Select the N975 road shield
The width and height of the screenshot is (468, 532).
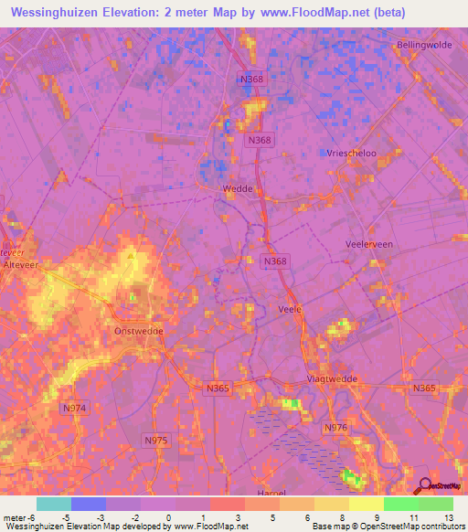[x=156, y=440]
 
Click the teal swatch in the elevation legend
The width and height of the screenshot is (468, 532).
[x=54, y=504]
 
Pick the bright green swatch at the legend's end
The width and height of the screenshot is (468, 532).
[x=435, y=504]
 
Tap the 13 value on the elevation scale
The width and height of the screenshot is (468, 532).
[x=448, y=518]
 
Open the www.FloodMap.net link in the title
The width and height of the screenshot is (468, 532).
[x=304, y=12]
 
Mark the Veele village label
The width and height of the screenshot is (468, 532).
[x=289, y=309]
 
